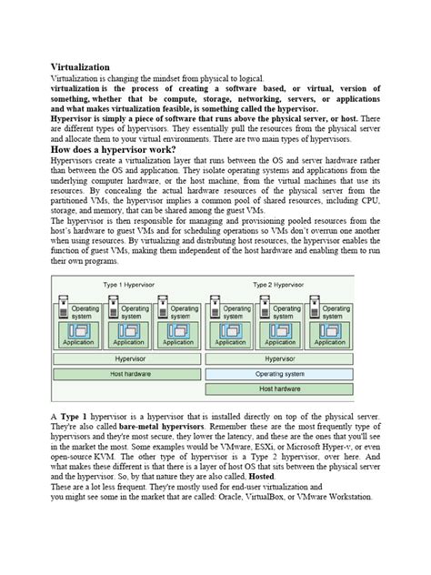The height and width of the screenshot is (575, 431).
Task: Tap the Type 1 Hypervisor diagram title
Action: click(129, 285)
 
